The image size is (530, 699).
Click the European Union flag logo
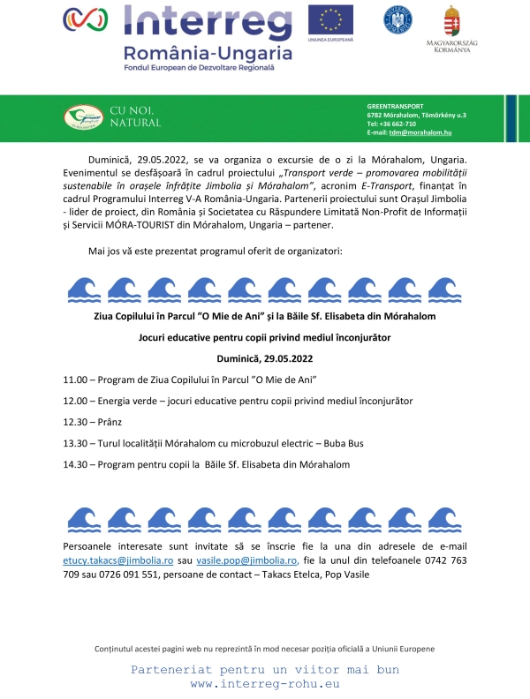(x=329, y=19)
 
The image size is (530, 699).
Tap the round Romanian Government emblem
(x=397, y=19)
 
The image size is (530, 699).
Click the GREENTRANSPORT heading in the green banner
(x=395, y=106)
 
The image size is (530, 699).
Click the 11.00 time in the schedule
(x=75, y=380)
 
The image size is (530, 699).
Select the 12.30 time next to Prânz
(x=75, y=422)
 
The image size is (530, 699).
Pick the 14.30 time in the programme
(x=75, y=464)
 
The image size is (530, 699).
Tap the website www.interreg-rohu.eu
(x=265, y=683)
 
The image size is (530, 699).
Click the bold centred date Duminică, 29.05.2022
(x=265, y=358)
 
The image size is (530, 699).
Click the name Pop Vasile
(x=346, y=575)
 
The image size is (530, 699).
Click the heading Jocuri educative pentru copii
(x=265, y=337)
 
